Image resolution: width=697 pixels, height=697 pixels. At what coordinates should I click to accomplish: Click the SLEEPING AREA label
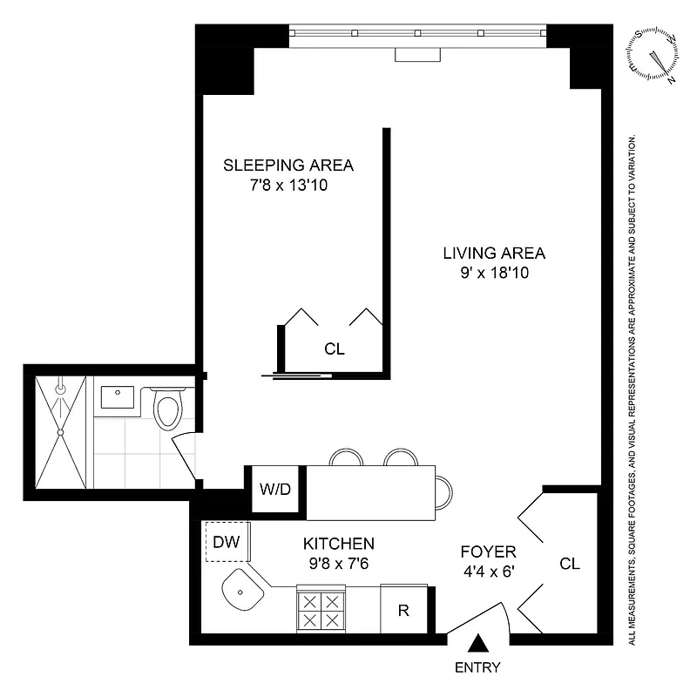pyautogui.click(x=288, y=165)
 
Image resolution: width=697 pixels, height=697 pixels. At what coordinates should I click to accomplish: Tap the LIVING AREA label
pyautogui.click(x=494, y=254)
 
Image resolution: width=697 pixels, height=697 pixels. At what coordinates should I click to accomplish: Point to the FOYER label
pyautogui.click(x=489, y=552)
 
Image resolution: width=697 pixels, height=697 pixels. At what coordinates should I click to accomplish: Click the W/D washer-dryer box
pyautogui.click(x=275, y=489)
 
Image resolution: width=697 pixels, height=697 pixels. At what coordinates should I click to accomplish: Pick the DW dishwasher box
pyautogui.click(x=227, y=542)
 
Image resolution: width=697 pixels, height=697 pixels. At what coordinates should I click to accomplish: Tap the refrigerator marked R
pyautogui.click(x=403, y=610)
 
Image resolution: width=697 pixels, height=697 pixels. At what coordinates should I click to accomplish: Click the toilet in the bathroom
pyautogui.click(x=166, y=409)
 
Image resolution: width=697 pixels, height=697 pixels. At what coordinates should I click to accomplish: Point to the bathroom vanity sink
pyautogui.click(x=116, y=399)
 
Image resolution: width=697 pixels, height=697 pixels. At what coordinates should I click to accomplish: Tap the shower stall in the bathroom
pyautogui.click(x=61, y=431)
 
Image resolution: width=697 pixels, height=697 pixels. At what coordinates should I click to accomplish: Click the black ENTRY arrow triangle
pyautogui.click(x=477, y=645)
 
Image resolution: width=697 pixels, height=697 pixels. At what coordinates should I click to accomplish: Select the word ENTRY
pyautogui.click(x=477, y=668)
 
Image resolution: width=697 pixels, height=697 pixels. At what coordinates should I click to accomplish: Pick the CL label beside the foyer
pyautogui.click(x=570, y=564)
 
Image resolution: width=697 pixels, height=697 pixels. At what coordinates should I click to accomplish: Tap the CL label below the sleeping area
pyautogui.click(x=335, y=349)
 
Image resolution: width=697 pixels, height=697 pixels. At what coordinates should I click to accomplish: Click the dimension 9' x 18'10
pyautogui.click(x=494, y=273)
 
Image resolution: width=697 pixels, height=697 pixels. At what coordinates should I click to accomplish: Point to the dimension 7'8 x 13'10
pyautogui.click(x=288, y=185)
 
